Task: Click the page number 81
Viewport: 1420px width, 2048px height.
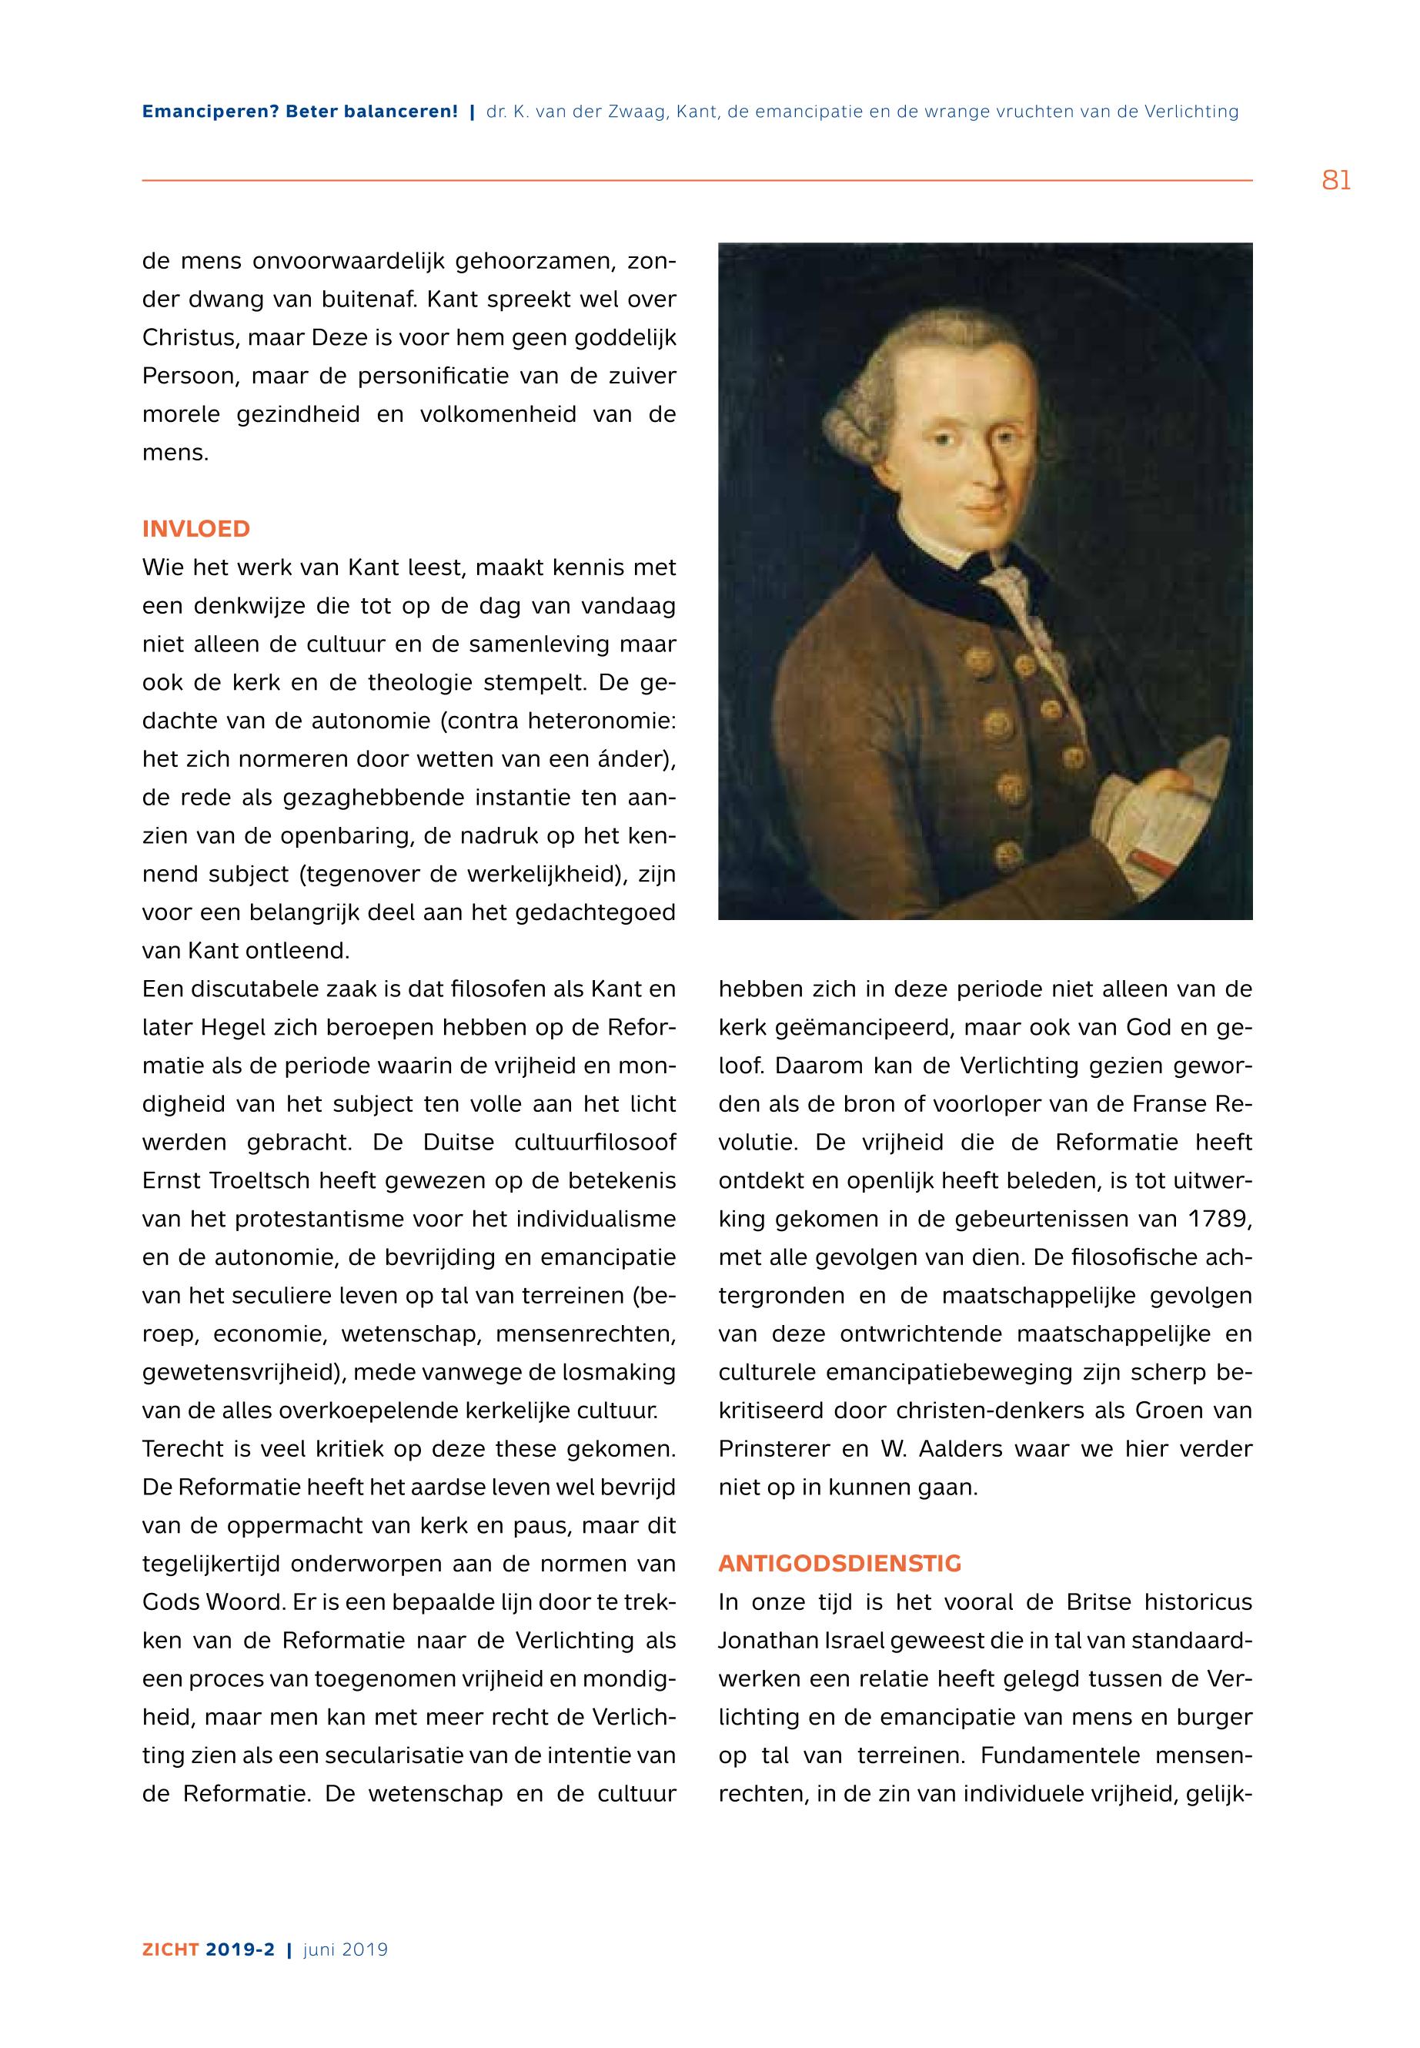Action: [1335, 181]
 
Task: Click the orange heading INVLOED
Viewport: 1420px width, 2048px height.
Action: [195, 529]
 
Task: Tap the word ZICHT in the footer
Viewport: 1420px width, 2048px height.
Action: [170, 1949]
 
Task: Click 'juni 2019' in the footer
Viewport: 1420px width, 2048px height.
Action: [346, 1949]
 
